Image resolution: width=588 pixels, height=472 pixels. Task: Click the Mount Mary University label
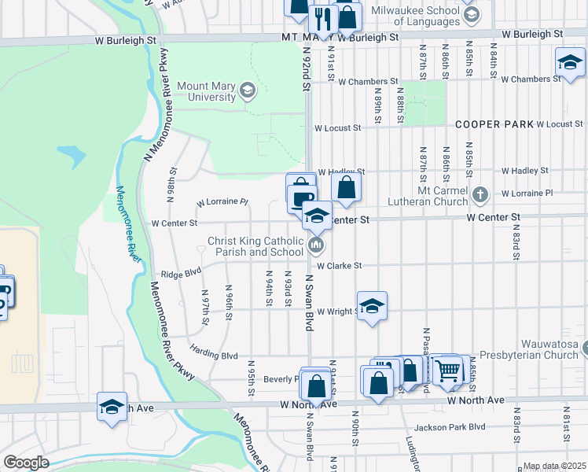[x=206, y=91]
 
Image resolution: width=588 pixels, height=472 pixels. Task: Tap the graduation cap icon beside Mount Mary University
[x=248, y=91]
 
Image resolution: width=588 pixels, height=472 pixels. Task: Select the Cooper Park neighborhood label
[x=494, y=125]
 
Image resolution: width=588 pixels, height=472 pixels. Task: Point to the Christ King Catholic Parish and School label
[x=255, y=247]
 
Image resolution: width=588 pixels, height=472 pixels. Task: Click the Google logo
[x=26, y=463]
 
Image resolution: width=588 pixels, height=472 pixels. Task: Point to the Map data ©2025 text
[x=554, y=466]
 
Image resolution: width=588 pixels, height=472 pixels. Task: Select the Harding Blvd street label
[x=213, y=356]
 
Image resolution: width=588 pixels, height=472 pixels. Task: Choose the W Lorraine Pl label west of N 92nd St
[x=222, y=202]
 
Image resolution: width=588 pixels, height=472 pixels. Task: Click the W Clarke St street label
[x=339, y=266]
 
